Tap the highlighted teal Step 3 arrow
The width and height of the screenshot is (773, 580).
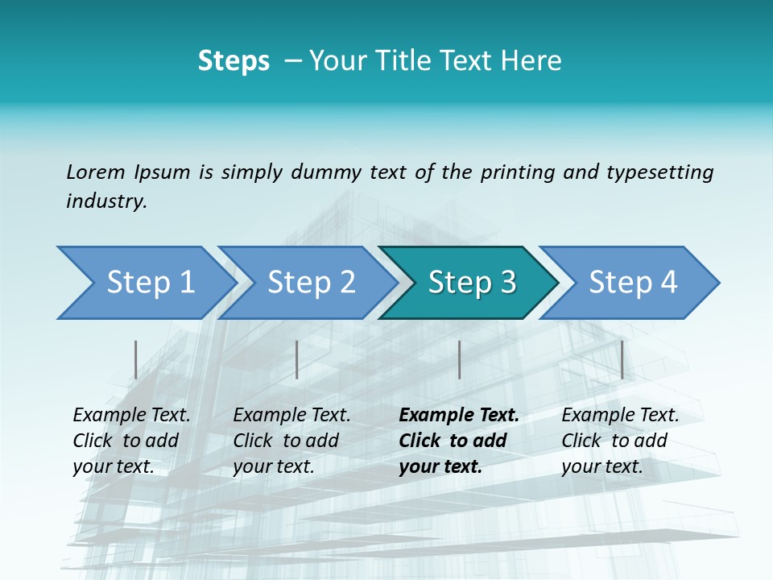[472, 283]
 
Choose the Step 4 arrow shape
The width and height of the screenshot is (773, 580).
[633, 283]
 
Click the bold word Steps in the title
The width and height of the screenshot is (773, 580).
[234, 61]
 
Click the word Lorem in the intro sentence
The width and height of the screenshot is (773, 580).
[96, 172]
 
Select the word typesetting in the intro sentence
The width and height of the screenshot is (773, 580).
[659, 172]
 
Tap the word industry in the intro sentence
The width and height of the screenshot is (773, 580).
[106, 201]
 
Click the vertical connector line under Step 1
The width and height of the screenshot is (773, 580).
[135, 359]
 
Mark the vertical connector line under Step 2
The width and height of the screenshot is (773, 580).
[297, 359]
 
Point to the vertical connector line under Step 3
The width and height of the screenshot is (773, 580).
[459, 359]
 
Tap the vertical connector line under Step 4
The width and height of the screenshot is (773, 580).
[622, 359]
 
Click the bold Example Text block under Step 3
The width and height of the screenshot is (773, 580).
[458, 441]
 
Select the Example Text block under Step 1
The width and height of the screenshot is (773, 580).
[131, 441]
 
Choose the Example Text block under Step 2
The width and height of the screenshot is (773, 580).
[291, 441]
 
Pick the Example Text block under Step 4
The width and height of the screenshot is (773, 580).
[620, 441]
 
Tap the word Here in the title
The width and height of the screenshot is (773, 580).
[536, 61]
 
